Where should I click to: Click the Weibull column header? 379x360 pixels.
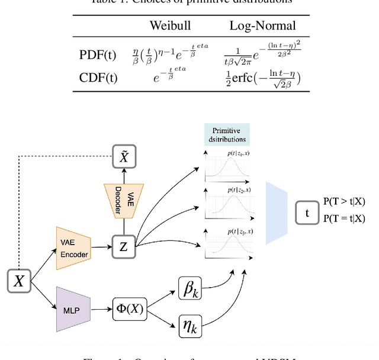169,26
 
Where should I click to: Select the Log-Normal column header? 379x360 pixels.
262,26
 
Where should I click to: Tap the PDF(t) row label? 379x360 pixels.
98,55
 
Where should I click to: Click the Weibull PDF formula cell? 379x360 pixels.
170,55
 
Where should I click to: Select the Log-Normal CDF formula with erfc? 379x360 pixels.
262,77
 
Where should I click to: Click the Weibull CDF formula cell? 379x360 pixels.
170,76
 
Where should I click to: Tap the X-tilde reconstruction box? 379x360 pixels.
124,156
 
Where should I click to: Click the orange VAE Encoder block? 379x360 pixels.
74,247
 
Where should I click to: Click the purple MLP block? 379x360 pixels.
74,309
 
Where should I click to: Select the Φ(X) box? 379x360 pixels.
129,309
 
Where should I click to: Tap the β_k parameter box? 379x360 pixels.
191,288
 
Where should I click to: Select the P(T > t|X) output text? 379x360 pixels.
345,202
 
